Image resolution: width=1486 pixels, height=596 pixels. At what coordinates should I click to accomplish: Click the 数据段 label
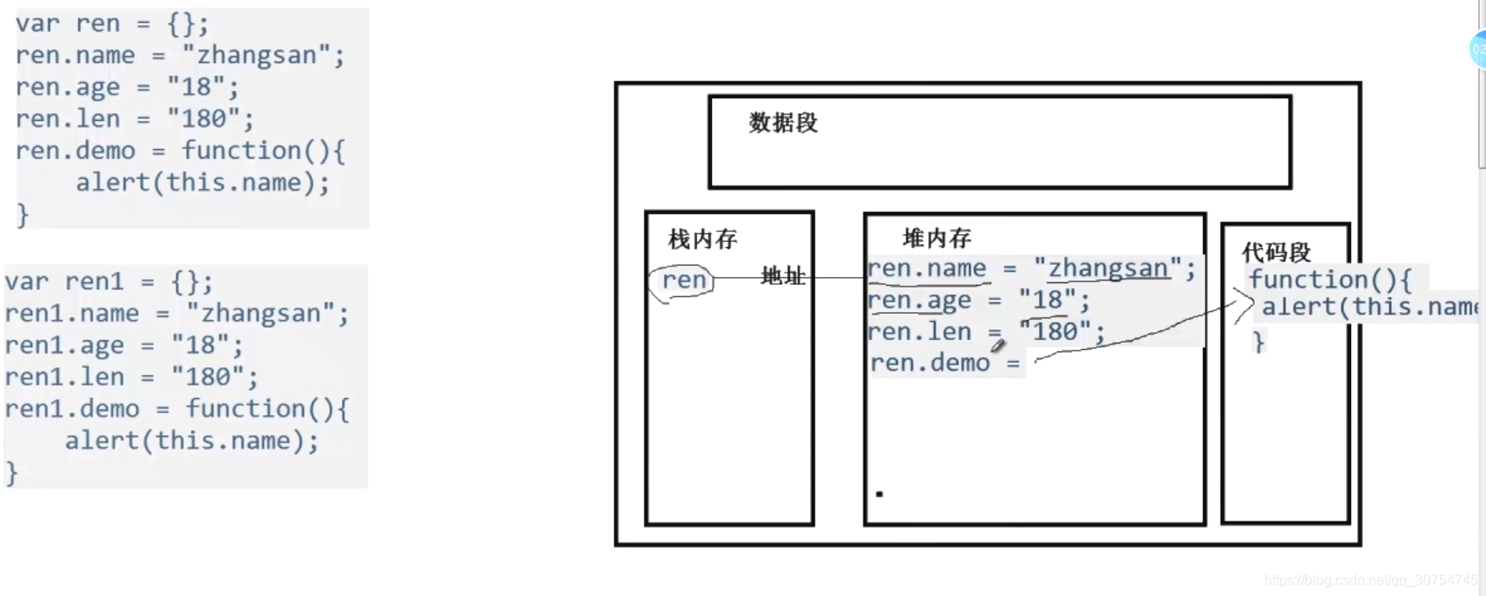click(x=783, y=123)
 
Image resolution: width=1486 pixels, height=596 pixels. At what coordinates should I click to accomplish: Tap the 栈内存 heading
click(x=702, y=238)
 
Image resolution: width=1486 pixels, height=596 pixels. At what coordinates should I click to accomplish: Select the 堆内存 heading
click(x=936, y=238)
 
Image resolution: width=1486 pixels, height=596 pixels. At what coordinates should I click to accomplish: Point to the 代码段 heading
click(x=1276, y=252)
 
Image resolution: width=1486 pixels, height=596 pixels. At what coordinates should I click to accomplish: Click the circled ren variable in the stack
click(x=684, y=280)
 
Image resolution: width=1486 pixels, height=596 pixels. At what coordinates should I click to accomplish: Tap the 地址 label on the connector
click(x=782, y=276)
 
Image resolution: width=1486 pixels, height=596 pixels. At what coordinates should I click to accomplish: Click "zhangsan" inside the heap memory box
click(x=1108, y=268)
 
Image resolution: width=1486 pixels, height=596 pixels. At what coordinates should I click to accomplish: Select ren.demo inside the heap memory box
click(x=929, y=363)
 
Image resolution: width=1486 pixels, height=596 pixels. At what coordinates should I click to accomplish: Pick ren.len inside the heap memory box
click(x=919, y=331)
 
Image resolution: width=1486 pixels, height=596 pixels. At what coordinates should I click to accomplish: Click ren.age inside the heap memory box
click(x=919, y=300)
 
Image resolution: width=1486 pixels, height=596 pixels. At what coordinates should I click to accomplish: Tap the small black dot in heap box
click(x=879, y=493)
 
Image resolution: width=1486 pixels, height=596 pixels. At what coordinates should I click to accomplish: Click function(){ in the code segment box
click(x=1329, y=280)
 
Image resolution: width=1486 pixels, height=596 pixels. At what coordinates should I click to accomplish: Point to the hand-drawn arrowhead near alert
click(x=1244, y=306)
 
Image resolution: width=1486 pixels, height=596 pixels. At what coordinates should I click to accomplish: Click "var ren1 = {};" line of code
click(x=109, y=281)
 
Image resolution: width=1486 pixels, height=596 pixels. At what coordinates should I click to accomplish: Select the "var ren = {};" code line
click(x=111, y=24)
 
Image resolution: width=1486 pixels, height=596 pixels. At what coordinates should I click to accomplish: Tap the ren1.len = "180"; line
click(x=131, y=377)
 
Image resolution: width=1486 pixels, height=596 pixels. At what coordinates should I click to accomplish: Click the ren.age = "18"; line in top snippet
click(x=126, y=87)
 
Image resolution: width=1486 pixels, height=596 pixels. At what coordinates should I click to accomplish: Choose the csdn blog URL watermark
click(x=1369, y=580)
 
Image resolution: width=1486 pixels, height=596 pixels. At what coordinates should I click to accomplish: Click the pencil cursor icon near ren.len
click(x=998, y=345)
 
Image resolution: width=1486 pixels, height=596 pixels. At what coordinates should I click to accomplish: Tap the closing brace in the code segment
click(x=1259, y=341)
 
